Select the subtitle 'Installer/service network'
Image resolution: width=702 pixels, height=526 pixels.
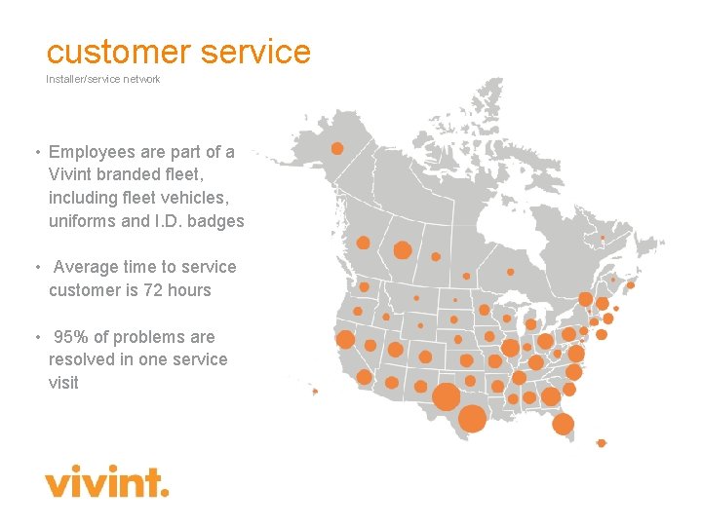(x=103, y=79)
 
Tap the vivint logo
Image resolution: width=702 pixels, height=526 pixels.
(x=106, y=481)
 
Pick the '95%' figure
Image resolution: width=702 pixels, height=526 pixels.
(x=70, y=337)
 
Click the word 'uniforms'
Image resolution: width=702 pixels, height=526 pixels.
(x=83, y=221)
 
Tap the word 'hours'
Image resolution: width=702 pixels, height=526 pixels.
(x=189, y=290)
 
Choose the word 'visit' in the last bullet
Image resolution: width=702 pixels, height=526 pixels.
(x=63, y=383)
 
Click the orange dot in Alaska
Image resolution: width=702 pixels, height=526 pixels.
(x=337, y=149)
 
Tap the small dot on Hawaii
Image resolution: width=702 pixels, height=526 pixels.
(x=315, y=392)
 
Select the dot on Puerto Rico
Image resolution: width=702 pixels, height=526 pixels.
(x=602, y=443)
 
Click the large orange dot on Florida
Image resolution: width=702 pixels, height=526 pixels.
(x=563, y=424)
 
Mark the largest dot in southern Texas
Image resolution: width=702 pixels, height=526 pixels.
(x=472, y=419)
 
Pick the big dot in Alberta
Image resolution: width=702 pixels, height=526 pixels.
(x=402, y=250)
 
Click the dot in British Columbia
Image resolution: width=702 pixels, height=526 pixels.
(x=364, y=243)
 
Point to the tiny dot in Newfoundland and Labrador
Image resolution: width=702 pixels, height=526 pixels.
(x=603, y=238)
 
